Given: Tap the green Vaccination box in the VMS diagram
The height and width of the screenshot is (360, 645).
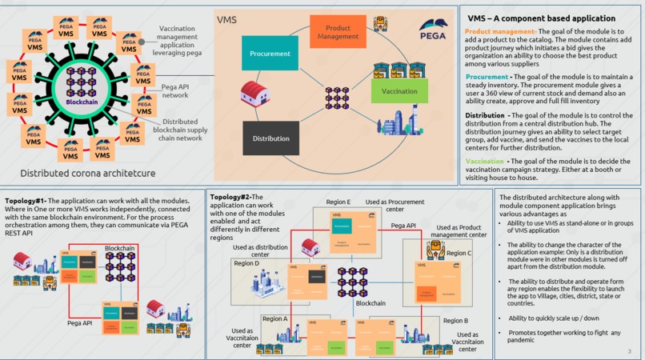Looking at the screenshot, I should pyautogui.click(x=399, y=90).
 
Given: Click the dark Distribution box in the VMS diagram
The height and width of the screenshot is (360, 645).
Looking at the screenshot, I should pyautogui.click(x=270, y=138).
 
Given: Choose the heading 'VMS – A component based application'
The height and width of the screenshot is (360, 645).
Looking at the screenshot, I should pyautogui.click(x=541, y=18).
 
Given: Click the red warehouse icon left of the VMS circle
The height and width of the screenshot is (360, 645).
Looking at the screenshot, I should pyautogui.click(x=254, y=94).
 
